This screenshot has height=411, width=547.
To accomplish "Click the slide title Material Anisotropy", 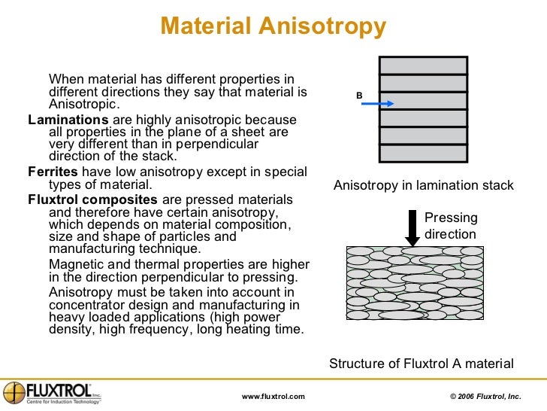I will click(x=273, y=27).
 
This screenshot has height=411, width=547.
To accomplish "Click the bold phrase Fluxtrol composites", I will click(x=92, y=199).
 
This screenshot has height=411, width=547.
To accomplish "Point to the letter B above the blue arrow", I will click(x=359, y=96).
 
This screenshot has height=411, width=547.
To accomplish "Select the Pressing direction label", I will click(x=451, y=226).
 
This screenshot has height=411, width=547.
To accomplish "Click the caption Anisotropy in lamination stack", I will click(x=423, y=185).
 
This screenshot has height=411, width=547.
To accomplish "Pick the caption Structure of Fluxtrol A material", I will click(x=422, y=364).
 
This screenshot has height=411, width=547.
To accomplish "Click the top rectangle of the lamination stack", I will click(x=423, y=65).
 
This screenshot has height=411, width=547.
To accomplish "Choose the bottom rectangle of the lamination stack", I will click(x=423, y=154).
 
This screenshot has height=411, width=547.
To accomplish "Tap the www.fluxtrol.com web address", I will click(x=273, y=396).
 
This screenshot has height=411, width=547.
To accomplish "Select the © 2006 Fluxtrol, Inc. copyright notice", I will click(x=484, y=396).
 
